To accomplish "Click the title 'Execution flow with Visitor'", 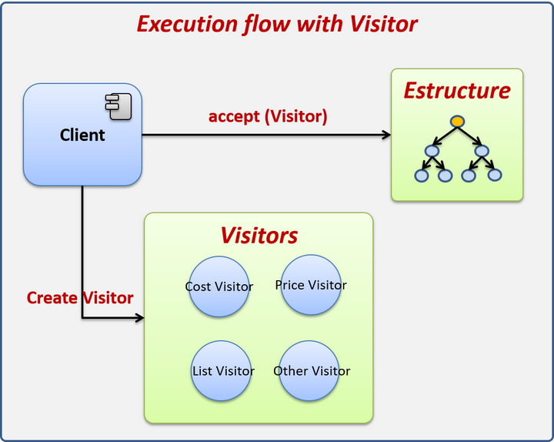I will [277, 24].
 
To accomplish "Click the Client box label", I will [82, 136].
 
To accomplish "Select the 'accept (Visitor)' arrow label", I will [268, 117].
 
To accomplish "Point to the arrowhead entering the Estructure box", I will [386, 136].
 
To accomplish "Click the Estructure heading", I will [457, 91].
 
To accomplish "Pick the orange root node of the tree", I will [457, 122].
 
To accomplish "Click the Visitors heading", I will [259, 235].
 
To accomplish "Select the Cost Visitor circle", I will [219, 286].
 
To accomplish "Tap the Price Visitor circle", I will [311, 285].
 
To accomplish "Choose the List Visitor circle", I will [223, 371].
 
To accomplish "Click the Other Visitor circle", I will [312, 371].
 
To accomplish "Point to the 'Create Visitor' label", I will [80, 298].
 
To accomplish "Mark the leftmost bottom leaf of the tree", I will [421, 176].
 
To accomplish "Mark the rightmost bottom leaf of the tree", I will [494, 176].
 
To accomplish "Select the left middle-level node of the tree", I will [432, 151].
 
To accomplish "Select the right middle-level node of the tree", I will [482, 151].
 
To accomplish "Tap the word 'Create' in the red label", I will [52, 298].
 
